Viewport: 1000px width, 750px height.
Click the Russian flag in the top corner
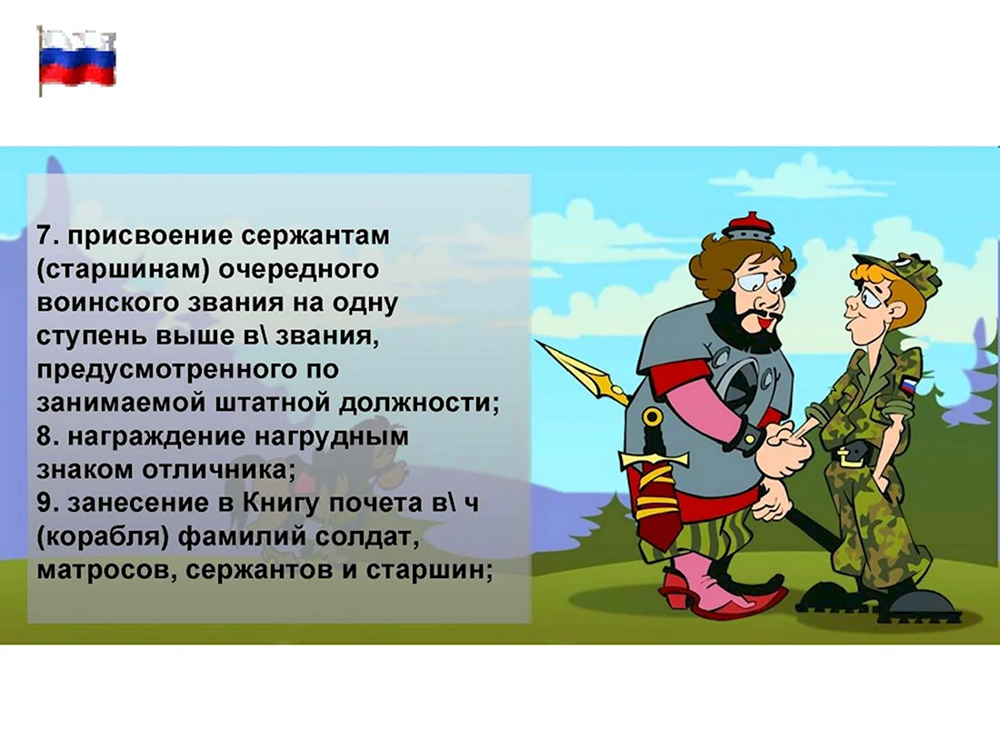(77, 59)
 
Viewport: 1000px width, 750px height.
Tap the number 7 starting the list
(44, 235)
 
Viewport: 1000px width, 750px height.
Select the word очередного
(299, 270)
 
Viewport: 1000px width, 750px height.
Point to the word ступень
(92, 336)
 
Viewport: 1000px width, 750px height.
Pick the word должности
(418, 404)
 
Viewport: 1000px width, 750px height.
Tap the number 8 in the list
(44, 436)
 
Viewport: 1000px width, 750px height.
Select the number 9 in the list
(44, 503)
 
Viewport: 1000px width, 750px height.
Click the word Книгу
(281, 504)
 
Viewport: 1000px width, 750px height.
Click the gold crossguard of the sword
(654, 457)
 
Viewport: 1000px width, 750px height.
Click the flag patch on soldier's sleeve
(909, 385)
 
